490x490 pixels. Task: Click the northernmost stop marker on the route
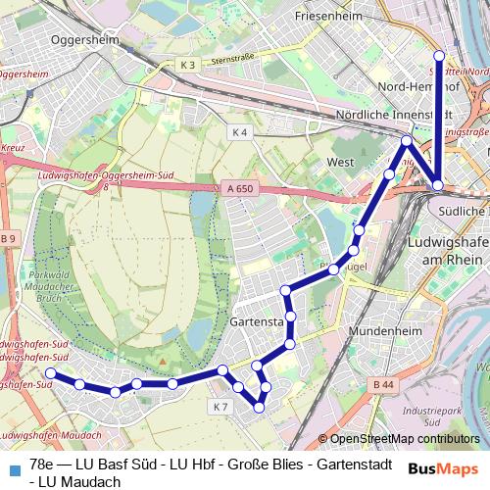point(440,56)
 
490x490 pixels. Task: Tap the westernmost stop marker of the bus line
point(51,373)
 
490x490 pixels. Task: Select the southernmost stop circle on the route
point(259,408)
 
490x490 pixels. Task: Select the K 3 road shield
point(188,65)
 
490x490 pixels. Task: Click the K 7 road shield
point(220,406)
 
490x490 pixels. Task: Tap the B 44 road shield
point(383,386)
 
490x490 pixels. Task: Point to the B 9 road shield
point(9,238)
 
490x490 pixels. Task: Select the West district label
point(340,162)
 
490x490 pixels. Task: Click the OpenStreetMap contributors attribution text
point(404,439)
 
